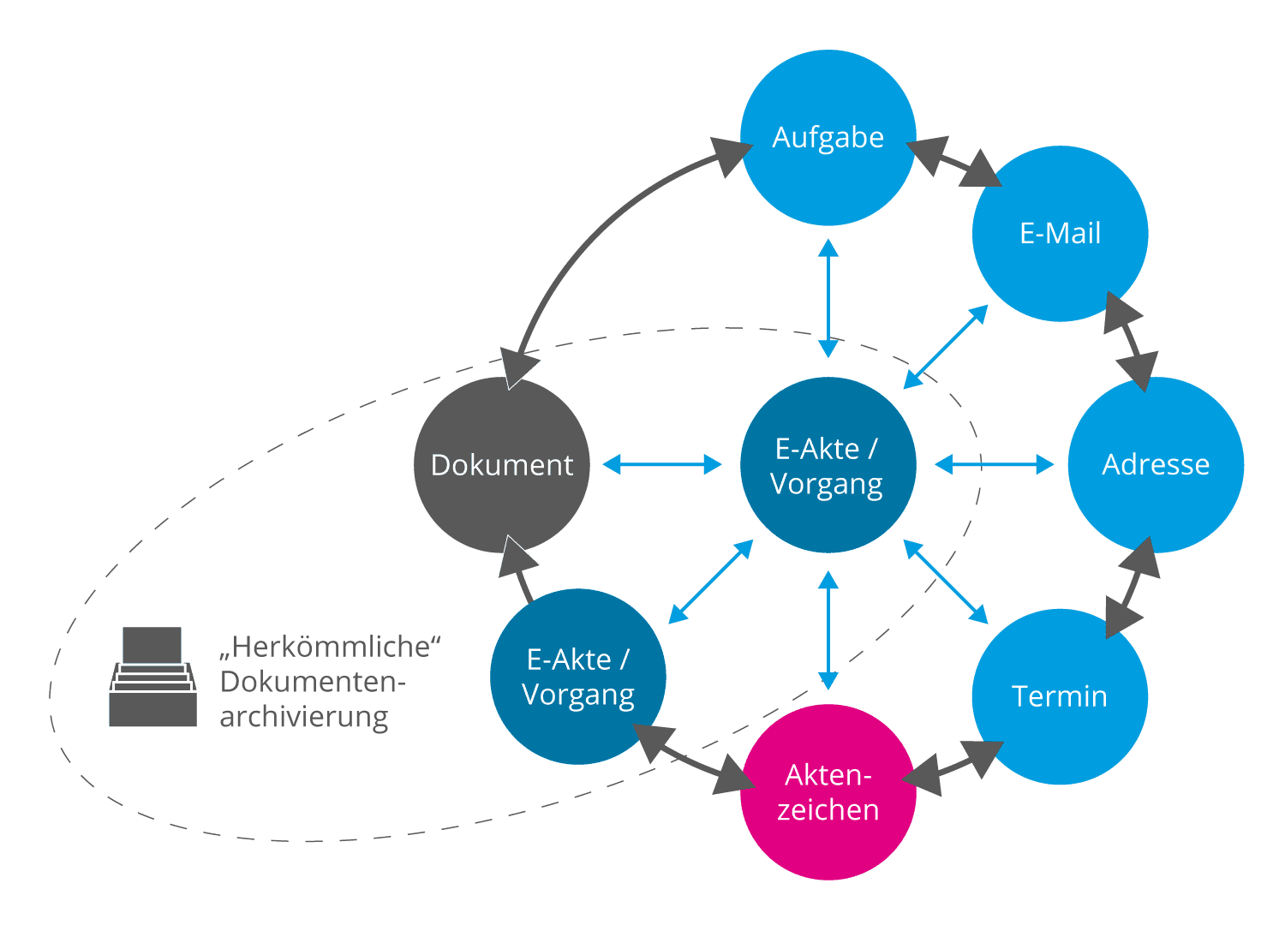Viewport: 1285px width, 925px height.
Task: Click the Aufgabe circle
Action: pos(828,138)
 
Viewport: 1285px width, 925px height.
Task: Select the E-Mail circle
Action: pos(1060,234)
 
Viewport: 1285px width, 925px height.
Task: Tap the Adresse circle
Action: pos(1156,465)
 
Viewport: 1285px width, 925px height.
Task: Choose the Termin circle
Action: pos(1060,696)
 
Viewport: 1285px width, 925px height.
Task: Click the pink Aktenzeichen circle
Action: pos(828,792)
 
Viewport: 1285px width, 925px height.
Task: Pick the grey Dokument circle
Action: pos(502,465)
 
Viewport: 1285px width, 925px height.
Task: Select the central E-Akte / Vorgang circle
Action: pos(828,465)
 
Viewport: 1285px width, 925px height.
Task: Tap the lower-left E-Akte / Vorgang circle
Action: pos(578,677)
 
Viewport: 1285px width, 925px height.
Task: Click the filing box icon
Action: pos(152,677)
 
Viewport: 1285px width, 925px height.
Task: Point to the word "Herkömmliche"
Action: pos(330,647)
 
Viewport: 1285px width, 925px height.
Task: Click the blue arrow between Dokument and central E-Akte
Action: pos(662,464)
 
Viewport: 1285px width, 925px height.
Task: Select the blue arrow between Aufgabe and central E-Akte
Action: pos(828,298)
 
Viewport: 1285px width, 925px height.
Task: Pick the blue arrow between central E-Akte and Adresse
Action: pos(994,464)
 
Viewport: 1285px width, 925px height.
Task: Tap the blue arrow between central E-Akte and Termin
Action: pos(946,582)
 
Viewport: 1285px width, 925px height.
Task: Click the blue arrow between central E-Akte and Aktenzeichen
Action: pos(828,630)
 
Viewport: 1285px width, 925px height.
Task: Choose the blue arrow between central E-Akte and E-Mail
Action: pos(946,347)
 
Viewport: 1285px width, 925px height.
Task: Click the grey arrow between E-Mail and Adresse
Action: pos(1130,342)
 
